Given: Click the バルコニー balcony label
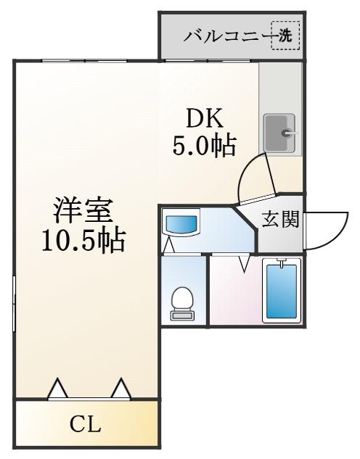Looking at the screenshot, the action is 229,36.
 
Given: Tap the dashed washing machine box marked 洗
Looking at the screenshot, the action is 285,36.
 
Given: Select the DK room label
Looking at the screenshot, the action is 205,118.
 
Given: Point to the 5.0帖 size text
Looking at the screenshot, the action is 204,146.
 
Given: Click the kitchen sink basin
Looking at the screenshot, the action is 279,133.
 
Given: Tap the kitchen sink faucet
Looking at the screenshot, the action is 290,133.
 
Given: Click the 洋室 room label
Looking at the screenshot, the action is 83,210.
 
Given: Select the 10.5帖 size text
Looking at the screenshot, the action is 83,241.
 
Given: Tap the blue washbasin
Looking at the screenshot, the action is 181,223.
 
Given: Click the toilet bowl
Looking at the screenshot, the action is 181,299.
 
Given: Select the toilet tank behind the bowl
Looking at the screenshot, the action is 181,315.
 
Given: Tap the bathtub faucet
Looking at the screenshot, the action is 282,262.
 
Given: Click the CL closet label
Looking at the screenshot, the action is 85,424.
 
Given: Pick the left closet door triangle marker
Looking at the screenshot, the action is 58,389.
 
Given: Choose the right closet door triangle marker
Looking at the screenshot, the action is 120,389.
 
